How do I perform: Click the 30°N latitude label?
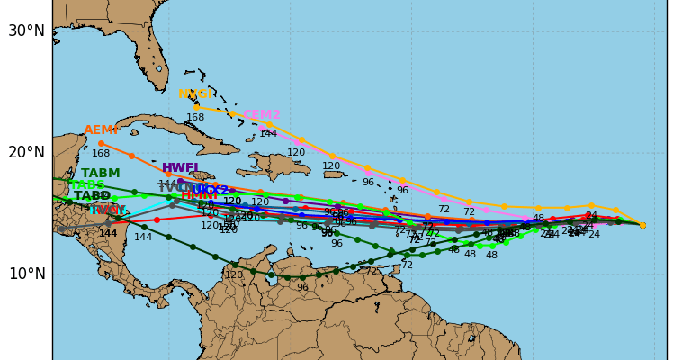point(26,31)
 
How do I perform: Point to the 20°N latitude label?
point(26,152)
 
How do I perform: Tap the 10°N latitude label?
point(26,274)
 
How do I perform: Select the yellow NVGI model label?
point(195,94)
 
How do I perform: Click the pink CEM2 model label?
point(262,115)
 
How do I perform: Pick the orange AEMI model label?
point(101,130)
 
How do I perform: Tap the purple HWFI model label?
point(180,168)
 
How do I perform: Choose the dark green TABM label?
point(100,174)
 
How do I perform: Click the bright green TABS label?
point(87,185)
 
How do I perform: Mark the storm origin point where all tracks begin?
point(642,225)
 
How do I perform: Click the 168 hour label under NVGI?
point(195,118)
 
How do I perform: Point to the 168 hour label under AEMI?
point(101,154)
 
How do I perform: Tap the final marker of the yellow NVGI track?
point(197,108)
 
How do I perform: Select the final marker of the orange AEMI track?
point(101,143)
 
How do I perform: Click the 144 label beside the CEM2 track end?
point(268,134)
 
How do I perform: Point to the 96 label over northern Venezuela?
point(302,288)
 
